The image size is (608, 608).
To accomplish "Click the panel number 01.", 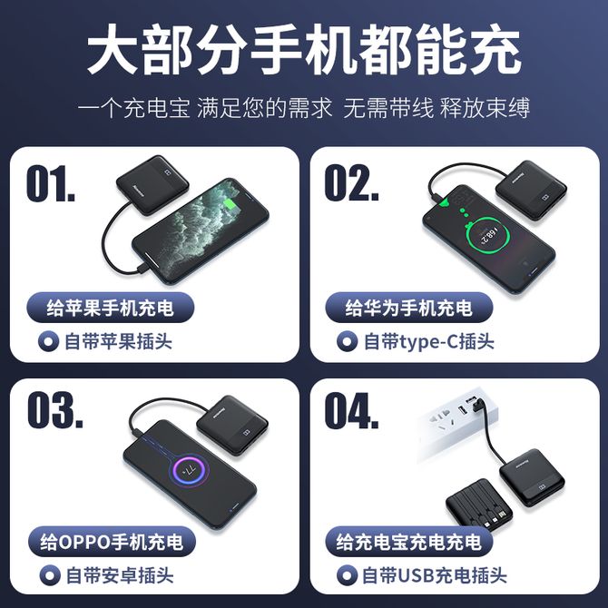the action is (x=51, y=183).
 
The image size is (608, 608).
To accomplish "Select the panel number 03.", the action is (x=55, y=410).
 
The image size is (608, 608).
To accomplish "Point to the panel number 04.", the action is (x=351, y=411).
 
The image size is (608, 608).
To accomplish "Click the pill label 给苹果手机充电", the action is (x=110, y=308).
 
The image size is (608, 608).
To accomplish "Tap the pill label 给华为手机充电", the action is (x=408, y=308).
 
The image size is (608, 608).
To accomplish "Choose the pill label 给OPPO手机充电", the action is (x=112, y=542).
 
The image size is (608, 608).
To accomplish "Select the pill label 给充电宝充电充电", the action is (x=408, y=542).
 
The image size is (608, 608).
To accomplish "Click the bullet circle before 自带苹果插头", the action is (x=48, y=341).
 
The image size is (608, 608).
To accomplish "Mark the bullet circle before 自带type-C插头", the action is (x=347, y=341).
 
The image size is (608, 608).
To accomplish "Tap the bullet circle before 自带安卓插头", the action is (x=50, y=575).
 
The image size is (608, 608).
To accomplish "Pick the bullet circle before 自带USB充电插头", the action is (x=347, y=575).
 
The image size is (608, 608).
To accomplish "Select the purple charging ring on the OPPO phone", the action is (x=191, y=470).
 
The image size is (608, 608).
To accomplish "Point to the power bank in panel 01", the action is (x=152, y=185).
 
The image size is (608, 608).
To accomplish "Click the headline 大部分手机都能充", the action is (x=304, y=49).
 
